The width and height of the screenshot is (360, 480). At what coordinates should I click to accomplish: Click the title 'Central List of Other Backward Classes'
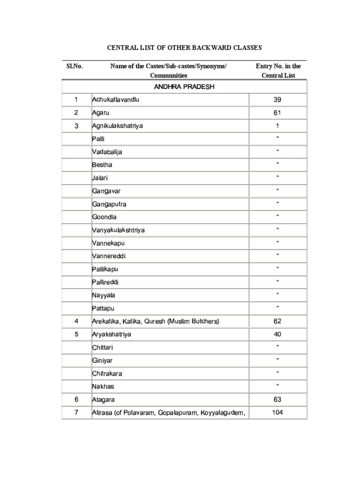184,48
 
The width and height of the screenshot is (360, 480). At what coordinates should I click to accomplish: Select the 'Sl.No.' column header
75,66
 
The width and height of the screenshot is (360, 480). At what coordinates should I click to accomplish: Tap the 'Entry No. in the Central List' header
278,70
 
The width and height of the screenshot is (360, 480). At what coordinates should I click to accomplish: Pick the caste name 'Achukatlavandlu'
116,100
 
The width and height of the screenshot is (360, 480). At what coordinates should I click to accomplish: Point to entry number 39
277,100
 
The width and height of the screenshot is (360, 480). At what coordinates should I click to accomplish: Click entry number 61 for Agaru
277,113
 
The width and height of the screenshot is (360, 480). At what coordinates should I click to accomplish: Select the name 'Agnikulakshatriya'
118,126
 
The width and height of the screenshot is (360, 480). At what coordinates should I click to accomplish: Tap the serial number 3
76,126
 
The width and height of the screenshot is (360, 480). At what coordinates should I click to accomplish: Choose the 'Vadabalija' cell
107,152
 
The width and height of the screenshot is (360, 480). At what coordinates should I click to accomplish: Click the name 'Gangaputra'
109,204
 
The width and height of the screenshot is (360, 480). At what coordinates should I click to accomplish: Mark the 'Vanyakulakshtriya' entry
119,231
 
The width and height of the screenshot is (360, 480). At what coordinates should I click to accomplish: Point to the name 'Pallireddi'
105,283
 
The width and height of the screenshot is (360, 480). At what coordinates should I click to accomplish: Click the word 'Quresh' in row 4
154,322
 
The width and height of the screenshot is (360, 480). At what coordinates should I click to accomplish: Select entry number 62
277,322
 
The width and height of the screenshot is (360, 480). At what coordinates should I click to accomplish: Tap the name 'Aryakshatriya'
112,335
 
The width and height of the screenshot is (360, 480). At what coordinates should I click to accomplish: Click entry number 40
277,335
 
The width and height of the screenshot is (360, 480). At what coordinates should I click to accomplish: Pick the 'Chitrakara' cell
107,374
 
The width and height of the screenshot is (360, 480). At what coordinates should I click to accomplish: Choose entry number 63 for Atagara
277,400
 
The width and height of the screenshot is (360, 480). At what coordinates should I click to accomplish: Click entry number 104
277,412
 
